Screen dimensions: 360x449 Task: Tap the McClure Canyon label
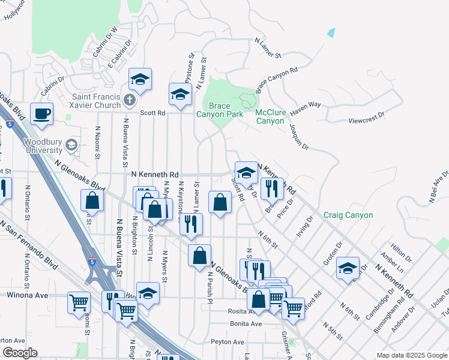pyautogui.click(x=270, y=116)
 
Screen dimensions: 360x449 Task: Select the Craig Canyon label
pyautogui.click(x=348, y=215)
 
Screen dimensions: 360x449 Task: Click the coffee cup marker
pyautogui.click(x=42, y=113)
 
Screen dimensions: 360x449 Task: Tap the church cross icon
pyautogui.click(x=129, y=98)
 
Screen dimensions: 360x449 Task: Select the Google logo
pyautogui.click(x=19, y=353)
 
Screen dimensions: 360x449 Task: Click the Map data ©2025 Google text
pyautogui.click(x=412, y=355)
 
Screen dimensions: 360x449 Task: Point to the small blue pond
pyautogui.click(x=331, y=33)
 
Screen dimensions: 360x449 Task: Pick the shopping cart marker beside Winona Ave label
pyautogui.click(x=79, y=302)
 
